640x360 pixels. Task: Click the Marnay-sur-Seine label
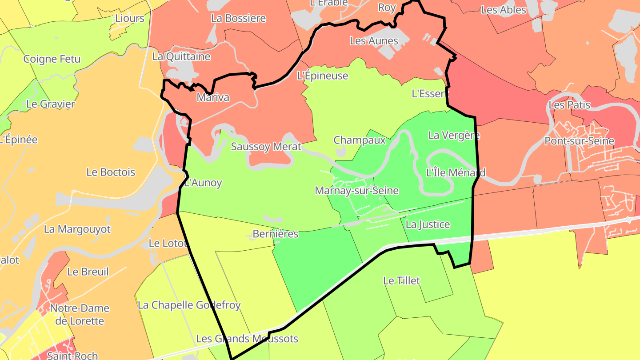click(x=356, y=191)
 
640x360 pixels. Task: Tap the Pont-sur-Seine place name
click(x=579, y=141)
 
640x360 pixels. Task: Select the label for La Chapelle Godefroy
click(x=189, y=305)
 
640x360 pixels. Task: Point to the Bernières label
click(x=275, y=234)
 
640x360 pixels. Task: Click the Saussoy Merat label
click(x=266, y=147)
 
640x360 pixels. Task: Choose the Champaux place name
click(x=360, y=140)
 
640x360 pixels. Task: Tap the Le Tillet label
click(x=401, y=281)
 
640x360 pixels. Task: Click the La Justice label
click(x=428, y=225)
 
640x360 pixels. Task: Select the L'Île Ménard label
click(x=456, y=172)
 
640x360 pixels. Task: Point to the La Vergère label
click(x=454, y=135)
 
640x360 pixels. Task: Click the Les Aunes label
click(x=374, y=41)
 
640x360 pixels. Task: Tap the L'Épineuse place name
click(x=322, y=76)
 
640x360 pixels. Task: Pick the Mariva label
click(x=213, y=98)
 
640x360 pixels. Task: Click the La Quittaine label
click(x=181, y=57)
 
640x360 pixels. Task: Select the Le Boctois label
click(x=111, y=172)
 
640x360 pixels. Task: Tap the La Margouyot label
click(x=77, y=229)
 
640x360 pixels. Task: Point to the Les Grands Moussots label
click(x=247, y=339)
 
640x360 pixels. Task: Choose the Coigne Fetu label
click(x=52, y=59)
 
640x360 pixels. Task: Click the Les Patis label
click(x=569, y=105)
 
